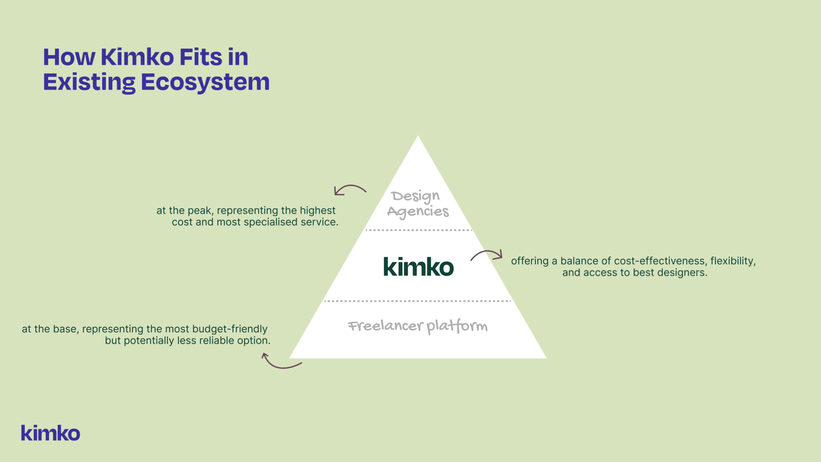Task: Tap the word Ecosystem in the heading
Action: click(205, 82)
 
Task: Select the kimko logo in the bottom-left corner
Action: click(50, 433)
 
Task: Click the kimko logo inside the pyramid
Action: click(418, 267)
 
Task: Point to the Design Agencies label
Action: click(418, 204)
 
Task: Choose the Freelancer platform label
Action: click(417, 326)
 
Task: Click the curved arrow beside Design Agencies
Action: click(350, 190)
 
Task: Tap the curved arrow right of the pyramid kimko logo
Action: click(487, 255)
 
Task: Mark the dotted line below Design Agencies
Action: click(418, 230)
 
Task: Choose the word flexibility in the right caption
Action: click(733, 261)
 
